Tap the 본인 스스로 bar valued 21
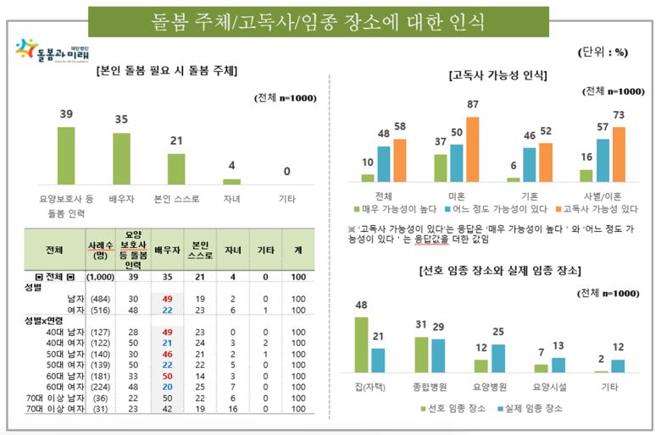coord(177,168)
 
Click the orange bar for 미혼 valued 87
coord(473,149)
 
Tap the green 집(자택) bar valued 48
coord(362,344)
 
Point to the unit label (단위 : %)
coord(604,52)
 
